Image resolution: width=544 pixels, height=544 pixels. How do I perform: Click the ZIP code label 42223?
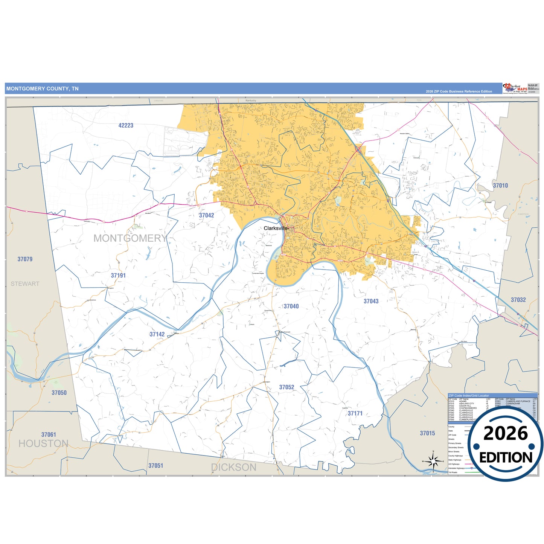point(126,125)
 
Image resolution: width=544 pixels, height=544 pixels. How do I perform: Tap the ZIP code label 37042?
point(206,215)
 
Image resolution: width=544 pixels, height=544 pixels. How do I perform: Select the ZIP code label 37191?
point(118,276)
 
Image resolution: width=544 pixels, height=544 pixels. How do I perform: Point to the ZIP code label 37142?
point(157,334)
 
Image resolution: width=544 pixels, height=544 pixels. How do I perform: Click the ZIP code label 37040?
point(291,306)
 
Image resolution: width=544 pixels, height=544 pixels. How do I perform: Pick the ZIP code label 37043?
point(371,301)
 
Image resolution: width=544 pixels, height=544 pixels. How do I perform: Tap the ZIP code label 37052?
point(286,387)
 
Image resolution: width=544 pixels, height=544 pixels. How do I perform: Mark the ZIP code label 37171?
point(355,413)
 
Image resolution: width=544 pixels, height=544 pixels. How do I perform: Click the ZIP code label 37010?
point(500,186)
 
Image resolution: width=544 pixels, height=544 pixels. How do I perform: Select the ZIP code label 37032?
point(518,300)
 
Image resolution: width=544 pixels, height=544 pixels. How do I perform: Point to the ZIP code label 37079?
point(25,259)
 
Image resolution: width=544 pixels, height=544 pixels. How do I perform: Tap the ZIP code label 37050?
point(59,393)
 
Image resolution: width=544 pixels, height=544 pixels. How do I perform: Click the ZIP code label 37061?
point(49,434)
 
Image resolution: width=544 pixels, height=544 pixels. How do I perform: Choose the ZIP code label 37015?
point(427,433)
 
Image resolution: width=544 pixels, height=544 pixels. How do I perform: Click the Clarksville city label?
point(276,229)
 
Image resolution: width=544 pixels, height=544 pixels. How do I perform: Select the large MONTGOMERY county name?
point(130,238)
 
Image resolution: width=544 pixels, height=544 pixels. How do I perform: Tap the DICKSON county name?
point(233,468)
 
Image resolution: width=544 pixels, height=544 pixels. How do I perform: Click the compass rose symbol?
point(433,461)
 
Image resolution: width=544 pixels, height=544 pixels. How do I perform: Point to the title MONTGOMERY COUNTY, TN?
point(43,89)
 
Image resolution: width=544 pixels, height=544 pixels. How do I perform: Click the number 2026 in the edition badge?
point(505,434)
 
